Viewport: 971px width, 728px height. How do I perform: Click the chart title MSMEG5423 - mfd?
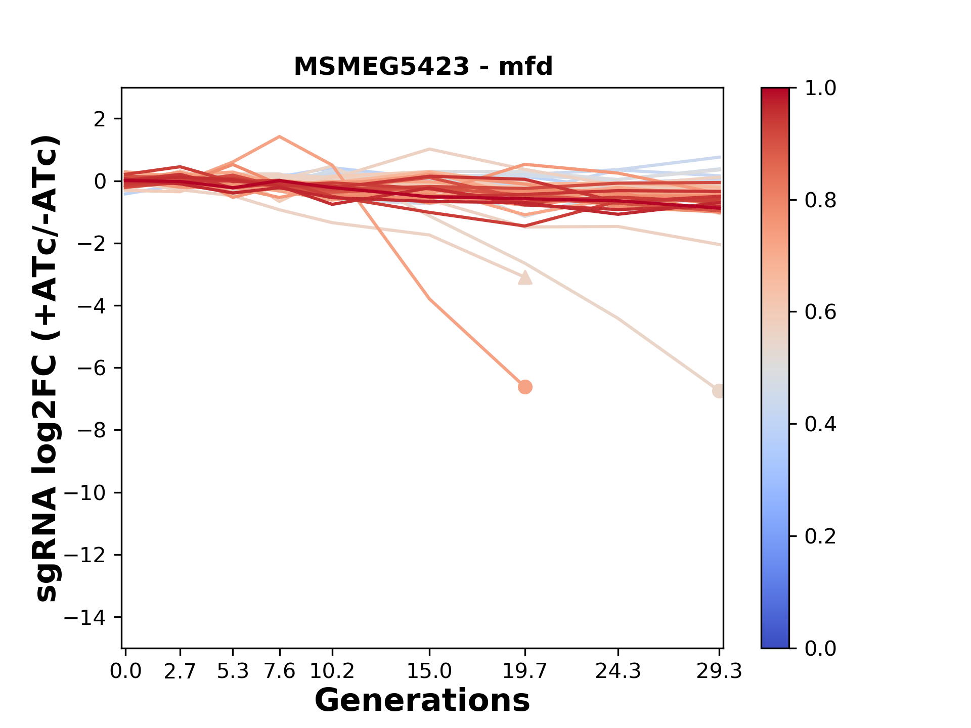pos(423,67)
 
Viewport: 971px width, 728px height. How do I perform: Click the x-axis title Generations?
pos(422,701)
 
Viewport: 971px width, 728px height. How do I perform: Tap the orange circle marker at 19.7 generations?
pos(525,387)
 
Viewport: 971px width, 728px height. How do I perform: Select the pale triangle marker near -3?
pos(525,278)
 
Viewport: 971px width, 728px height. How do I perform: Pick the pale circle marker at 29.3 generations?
pos(719,391)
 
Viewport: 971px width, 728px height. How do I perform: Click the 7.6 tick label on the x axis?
pos(280,671)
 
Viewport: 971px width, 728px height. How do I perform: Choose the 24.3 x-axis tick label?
pos(618,671)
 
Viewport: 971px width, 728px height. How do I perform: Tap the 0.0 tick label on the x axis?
pos(125,671)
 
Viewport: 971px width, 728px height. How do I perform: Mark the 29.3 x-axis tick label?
pos(719,671)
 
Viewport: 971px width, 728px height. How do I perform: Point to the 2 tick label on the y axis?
pos(100,119)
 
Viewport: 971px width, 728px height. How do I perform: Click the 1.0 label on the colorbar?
pos(820,88)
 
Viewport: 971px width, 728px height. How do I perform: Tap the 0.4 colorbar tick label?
pos(820,424)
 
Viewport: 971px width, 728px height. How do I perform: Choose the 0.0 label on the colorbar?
pos(820,648)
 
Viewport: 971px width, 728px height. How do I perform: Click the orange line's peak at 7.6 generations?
pos(280,137)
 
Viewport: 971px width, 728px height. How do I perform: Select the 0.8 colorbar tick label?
pos(820,201)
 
